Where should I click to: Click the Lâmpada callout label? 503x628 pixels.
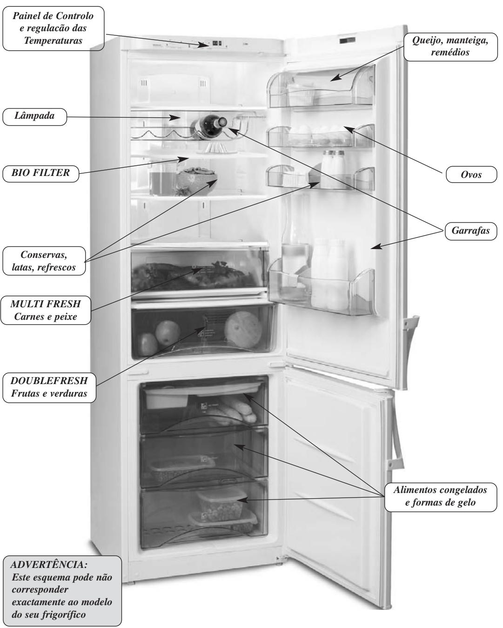click(x=34, y=117)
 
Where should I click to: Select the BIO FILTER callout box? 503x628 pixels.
click(x=40, y=173)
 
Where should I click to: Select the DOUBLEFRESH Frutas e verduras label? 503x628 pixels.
click(x=49, y=387)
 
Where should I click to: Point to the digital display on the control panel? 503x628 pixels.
click(x=216, y=44)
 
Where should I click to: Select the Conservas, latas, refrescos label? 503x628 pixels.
click(x=45, y=262)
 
